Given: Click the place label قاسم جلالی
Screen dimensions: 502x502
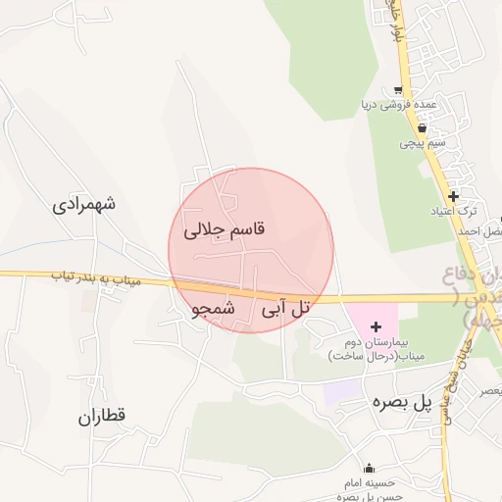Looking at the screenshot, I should click(x=225, y=230).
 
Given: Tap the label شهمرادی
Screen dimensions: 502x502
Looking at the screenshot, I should click(x=84, y=205).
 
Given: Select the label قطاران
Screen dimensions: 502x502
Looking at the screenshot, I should click(x=103, y=416).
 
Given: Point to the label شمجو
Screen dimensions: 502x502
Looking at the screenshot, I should click(x=215, y=308).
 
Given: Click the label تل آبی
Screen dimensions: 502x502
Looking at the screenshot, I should click(x=285, y=308).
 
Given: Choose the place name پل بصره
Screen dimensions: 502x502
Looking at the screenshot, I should click(x=401, y=402).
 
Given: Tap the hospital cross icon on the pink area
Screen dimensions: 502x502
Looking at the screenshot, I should click(x=376, y=325).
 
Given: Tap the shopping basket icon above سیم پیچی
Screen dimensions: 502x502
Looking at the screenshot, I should click(x=422, y=127).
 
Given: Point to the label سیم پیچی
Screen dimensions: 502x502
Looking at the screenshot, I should click(x=423, y=143).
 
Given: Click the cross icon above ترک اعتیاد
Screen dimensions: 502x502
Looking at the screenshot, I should click(x=453, y=196).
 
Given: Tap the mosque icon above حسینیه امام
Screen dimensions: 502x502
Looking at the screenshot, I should click(x=369, y=469).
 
